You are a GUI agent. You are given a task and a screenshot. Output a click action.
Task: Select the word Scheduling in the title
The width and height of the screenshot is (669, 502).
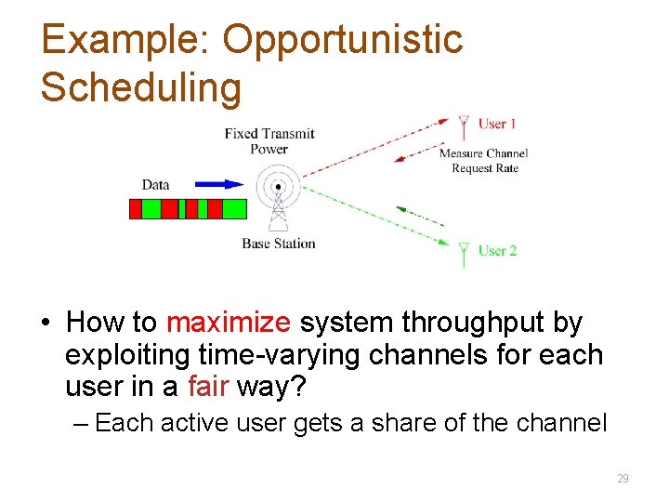point(141,87)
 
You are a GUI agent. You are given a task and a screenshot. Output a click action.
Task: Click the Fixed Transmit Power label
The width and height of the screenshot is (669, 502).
point(269,141)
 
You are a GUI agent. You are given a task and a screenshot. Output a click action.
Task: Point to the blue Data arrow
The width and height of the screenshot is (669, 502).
point(219,184)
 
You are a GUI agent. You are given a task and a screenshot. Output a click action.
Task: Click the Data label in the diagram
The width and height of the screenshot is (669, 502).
point(155,184)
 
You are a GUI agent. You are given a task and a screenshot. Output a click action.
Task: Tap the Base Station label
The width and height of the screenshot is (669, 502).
point(279,244)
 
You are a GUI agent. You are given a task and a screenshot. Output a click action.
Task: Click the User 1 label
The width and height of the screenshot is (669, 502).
point(497,124)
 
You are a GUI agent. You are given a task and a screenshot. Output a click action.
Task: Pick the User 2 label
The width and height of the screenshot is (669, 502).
point(497,250)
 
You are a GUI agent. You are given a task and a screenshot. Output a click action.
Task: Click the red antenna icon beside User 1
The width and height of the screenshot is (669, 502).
point(464,127)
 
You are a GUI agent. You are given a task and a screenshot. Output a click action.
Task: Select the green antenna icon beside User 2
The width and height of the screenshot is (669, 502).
point(464,253)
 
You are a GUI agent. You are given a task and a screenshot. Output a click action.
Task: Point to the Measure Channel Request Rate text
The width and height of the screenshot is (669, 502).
point(483,161)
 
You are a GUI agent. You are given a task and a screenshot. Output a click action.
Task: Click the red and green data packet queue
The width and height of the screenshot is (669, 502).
point(188,209)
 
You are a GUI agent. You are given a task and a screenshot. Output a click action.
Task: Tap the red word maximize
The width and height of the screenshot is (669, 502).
point(228,324)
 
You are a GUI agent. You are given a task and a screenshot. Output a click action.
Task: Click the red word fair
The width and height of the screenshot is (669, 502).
point(207,386)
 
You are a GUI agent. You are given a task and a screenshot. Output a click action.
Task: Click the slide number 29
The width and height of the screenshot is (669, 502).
point(623,479)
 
